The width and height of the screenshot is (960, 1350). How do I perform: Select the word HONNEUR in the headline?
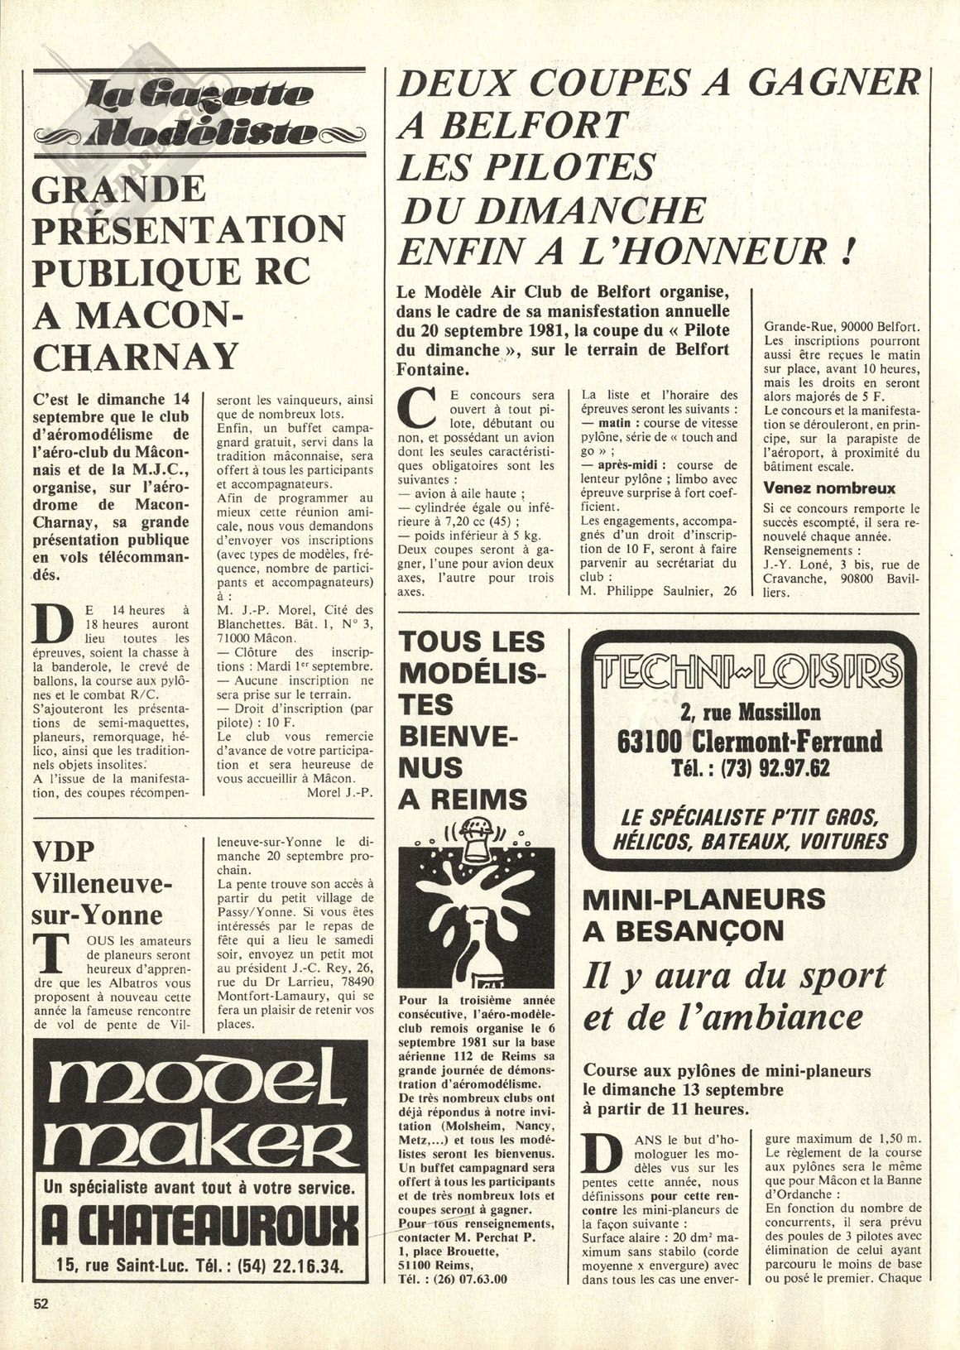718,251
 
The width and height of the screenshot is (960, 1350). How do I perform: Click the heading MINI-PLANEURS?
706,898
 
